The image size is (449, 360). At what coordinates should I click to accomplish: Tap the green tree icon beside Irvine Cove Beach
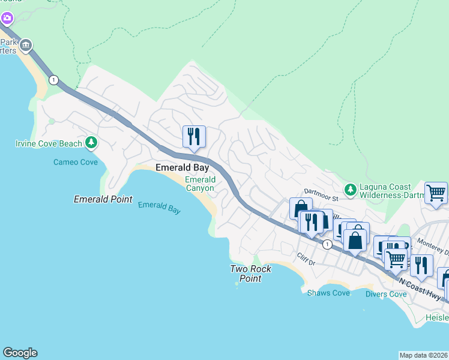click(x=91, y=142)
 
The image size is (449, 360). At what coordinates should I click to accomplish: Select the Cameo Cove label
click(x=75, y=162)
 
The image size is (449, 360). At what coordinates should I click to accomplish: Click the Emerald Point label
click(x=103, y=199)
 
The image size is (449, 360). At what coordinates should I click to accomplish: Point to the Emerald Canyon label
click(x=199, y=184)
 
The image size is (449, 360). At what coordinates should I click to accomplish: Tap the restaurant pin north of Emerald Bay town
click(x=194, y=137)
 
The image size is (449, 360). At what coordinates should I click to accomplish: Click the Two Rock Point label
click(x=250, y=274)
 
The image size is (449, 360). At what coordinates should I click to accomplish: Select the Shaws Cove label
click(x=328, y=293)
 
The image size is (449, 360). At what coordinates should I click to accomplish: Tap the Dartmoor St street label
click(x=321, y=191)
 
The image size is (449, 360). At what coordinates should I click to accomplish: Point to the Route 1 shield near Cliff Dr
click(x=327, y=244)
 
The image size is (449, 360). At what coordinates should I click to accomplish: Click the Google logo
click(x=20, y=353)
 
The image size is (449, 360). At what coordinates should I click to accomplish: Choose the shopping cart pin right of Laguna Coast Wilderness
click(x=436, y=193)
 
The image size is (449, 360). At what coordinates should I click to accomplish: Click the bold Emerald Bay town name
click(x=182, y=168)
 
